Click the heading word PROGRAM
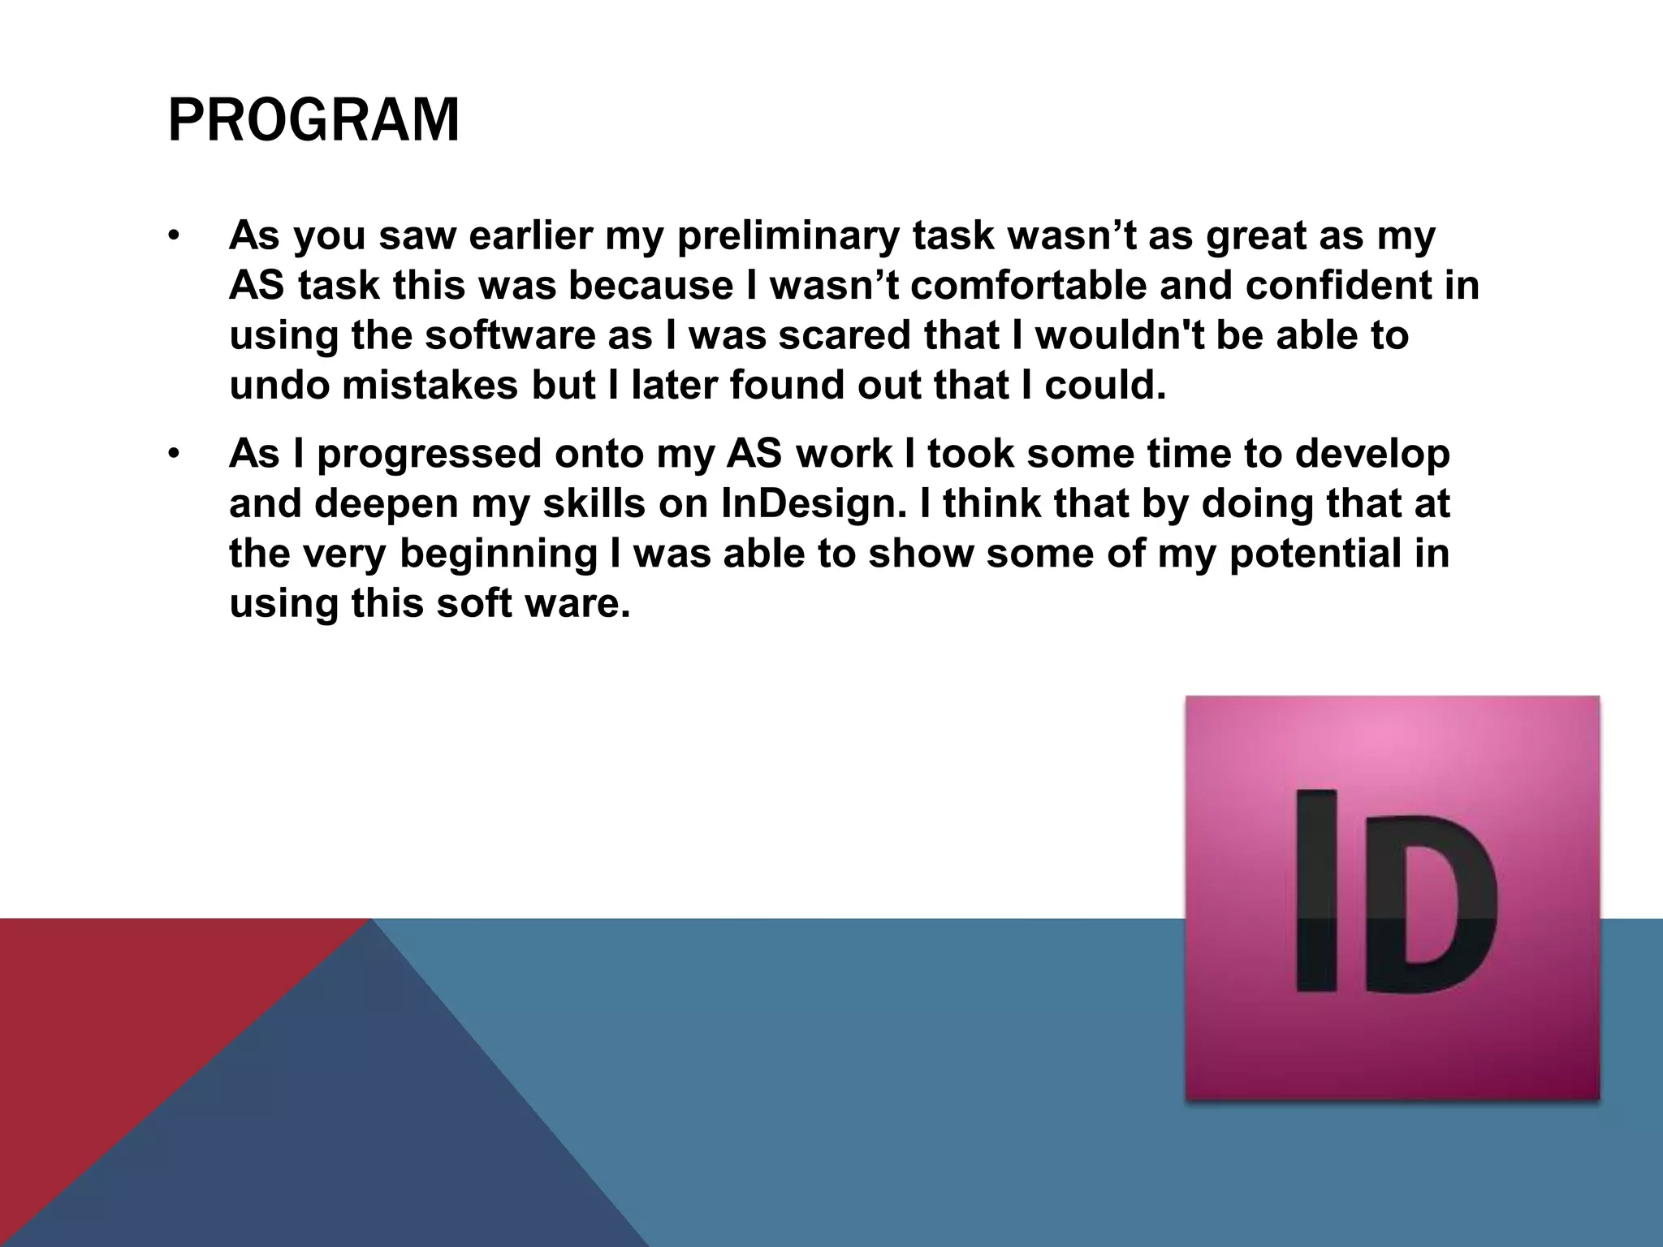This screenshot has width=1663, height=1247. pos(313,120)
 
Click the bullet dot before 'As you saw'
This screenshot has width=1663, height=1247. pos(173,237)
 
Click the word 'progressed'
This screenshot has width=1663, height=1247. pos(429,455)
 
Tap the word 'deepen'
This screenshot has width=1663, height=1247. pos(387,504)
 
